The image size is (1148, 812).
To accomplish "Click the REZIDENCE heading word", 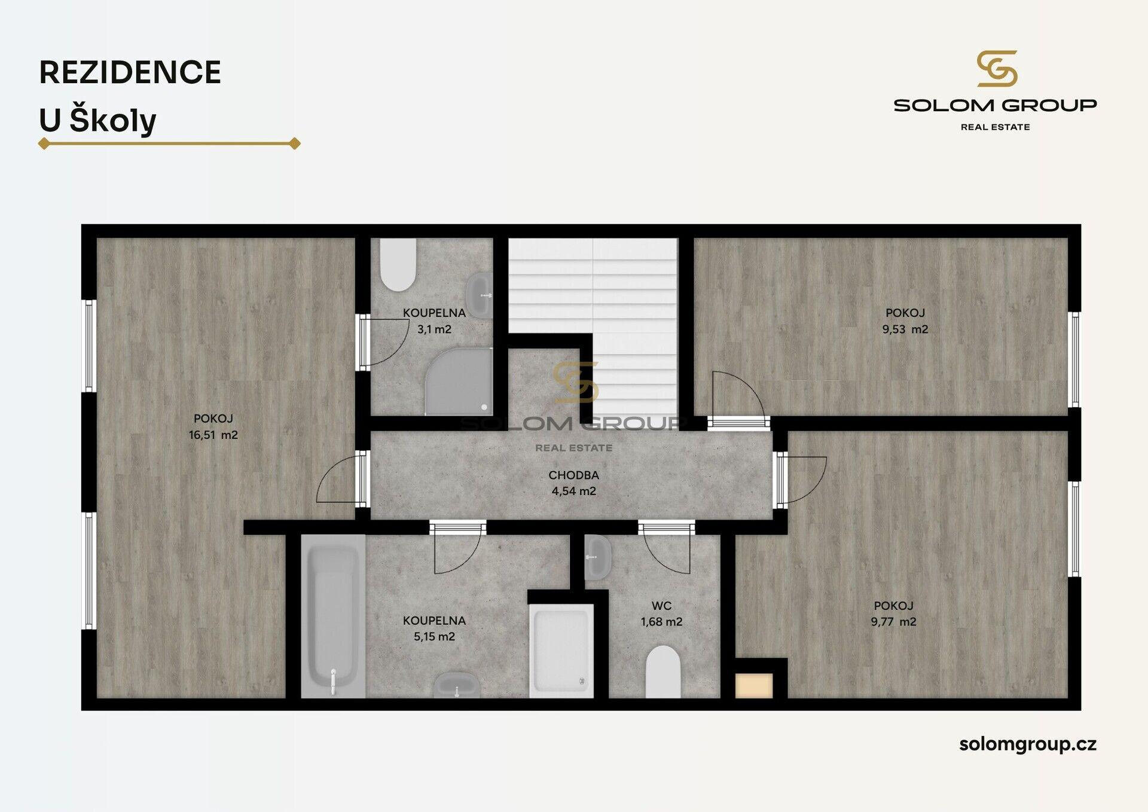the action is click(x=130, y=72).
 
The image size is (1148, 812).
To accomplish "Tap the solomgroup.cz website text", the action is click(x=1028, y=744).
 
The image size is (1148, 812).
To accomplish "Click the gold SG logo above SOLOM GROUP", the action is click(x=997, y=69).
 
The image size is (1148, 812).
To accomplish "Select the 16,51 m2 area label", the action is click(x=213, y=435).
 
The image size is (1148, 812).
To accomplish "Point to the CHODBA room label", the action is click(x=573, y=475).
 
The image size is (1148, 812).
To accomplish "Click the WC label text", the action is click(x=661, y=606).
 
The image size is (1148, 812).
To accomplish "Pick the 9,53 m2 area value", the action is click(x=905, y=329).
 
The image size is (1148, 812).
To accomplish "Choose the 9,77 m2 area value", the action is click(x=893, y=622).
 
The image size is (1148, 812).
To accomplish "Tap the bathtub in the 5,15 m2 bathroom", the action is click(x=333, y=616).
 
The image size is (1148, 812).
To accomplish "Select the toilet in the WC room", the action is click(x=663, y=671).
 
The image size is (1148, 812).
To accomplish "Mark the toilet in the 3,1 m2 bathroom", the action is click(x=398, y=264).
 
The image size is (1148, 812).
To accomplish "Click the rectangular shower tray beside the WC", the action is click(x=561, y=651).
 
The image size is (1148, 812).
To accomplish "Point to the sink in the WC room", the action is click(x=597, y=557).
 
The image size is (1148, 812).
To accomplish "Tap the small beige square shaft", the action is click(x=754, y=686).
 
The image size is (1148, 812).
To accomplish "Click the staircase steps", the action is click(x=593, y=317).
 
